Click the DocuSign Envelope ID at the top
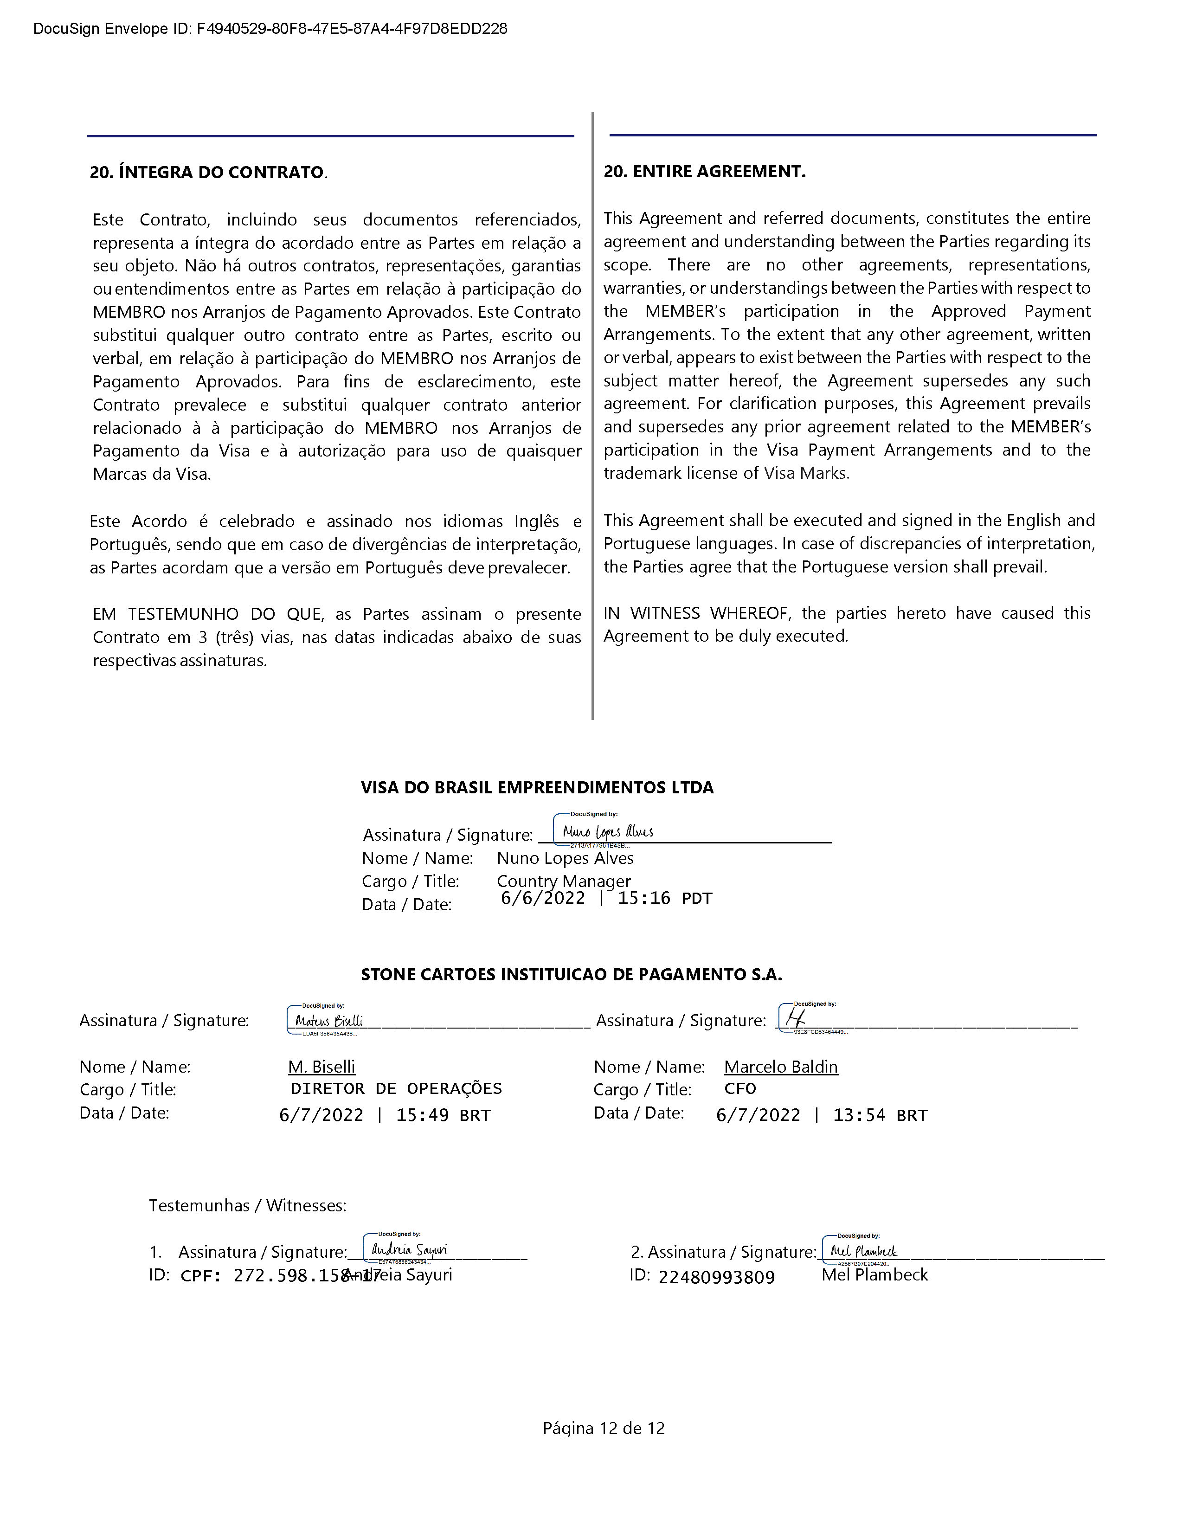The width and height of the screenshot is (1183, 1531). click(270, 29)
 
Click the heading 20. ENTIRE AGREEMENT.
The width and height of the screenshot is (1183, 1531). click(704, 172)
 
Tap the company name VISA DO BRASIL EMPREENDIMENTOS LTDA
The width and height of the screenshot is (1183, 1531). click(537, 787)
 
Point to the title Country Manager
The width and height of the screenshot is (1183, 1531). click(564, 881)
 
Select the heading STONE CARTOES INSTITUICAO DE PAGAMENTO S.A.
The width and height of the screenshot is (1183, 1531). click(571, 974)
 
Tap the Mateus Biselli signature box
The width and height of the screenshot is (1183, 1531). click(328, 1021)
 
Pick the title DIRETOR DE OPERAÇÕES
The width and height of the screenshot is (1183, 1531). click(396, 1089)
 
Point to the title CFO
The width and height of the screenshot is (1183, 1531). click(740, 1089)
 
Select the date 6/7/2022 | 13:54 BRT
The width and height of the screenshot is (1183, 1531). click(821, 1115)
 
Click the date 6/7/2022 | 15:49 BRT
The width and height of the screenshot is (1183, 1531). click(385, 1115)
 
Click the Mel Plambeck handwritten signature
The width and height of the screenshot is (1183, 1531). click(863, 1251)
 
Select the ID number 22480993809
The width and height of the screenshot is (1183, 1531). click(716, 1277)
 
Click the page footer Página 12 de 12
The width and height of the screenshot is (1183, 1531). click(604, 1428)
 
